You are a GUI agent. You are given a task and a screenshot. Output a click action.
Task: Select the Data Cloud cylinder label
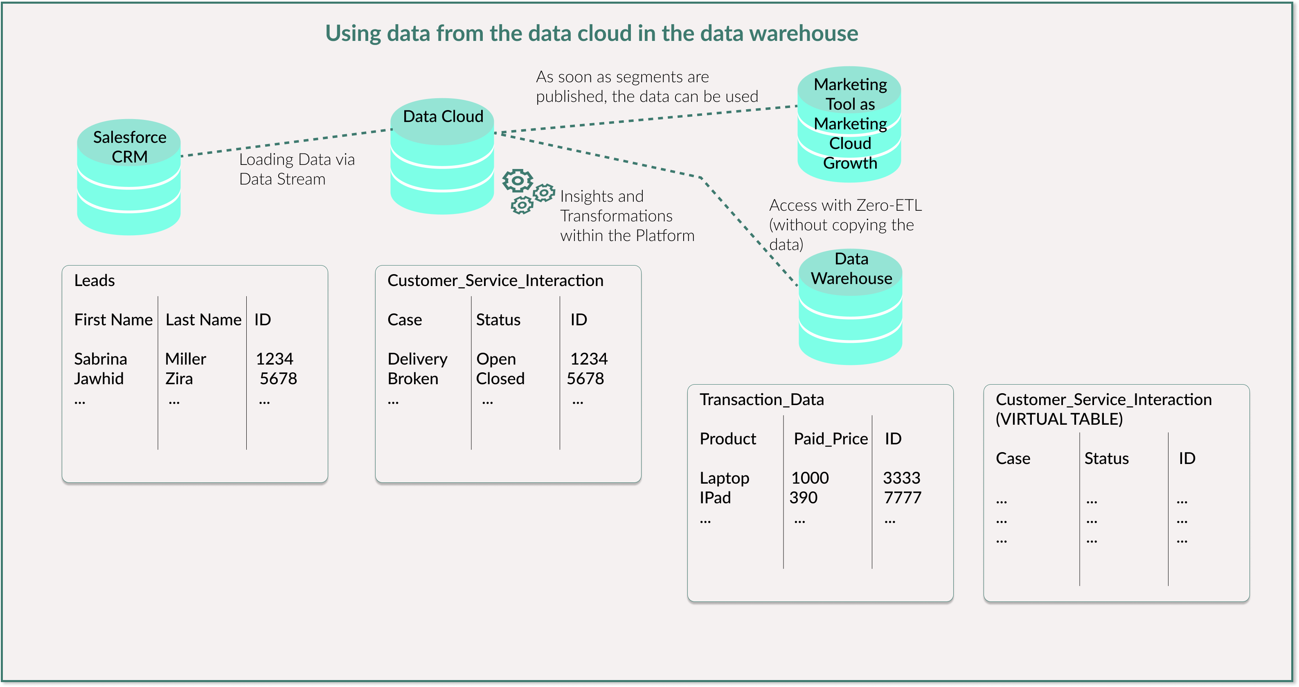pos(443,117)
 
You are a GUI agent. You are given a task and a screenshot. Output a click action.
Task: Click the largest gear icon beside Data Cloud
pos(518,180)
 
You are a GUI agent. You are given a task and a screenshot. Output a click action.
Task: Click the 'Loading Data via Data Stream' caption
pos(297,169)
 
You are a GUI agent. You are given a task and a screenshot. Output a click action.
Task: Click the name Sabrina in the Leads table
pos(100,359)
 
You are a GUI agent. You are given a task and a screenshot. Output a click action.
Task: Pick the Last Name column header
pos(203,320)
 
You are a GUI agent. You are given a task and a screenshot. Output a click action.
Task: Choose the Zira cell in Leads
pos(179,379)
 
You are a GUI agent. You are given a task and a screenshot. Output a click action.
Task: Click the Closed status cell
pos(500,379)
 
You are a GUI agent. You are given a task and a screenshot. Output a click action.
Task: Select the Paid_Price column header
pos(831,439)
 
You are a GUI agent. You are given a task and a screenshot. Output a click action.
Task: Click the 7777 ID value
pos(903,498)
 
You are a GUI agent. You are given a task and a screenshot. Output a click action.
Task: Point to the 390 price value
pos(803,498)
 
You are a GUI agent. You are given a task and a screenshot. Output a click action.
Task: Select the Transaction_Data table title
pos(761,399)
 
